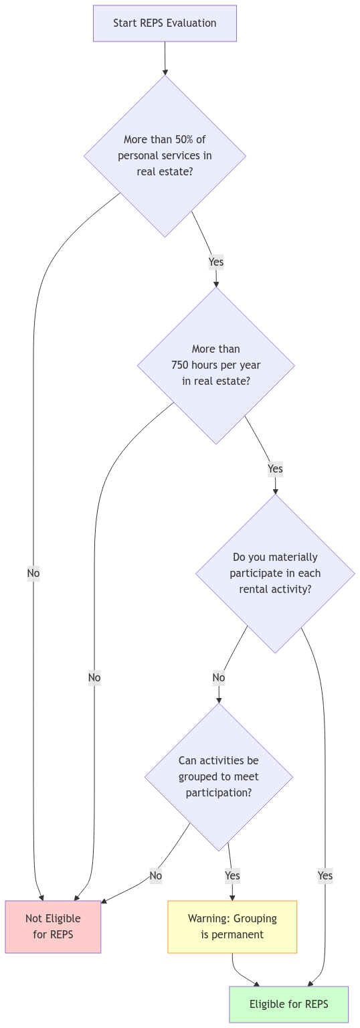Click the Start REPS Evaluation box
[165, 23]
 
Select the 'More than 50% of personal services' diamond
[165, 155]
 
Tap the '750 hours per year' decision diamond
[216, 365]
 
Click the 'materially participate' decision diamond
[275, 573]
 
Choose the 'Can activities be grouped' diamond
[219, 777]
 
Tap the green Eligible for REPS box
[289, 1004]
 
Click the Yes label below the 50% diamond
[216, 262]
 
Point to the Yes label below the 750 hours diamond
[275, 468]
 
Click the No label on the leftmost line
[33, 573]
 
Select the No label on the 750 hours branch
[94, 677]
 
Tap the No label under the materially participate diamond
[219, 677]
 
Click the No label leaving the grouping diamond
[156, 875]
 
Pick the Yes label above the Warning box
[232, 875]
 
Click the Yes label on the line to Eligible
[325, 875]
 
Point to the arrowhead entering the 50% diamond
[165, 72]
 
